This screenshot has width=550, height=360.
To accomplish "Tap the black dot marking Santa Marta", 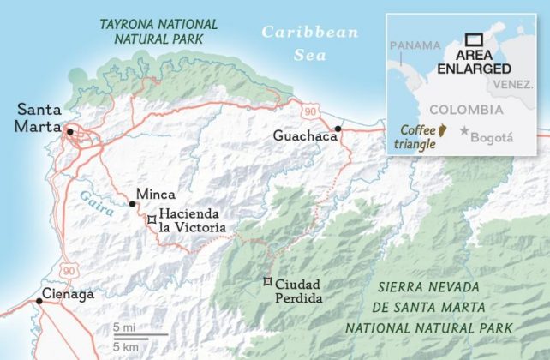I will (x=70, y=130).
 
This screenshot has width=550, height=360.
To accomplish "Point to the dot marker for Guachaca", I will (x=338, y=129).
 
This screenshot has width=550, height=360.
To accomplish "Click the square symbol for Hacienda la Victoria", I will (x=152, y=220).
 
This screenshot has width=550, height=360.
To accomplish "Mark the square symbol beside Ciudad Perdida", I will (x=266, y=282).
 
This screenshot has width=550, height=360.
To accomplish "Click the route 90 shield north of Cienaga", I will (x=69, y=269).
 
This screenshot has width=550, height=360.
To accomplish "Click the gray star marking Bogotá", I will (x=464, y=130).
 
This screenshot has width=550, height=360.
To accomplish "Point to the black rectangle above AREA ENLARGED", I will (x=474, y=39).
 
